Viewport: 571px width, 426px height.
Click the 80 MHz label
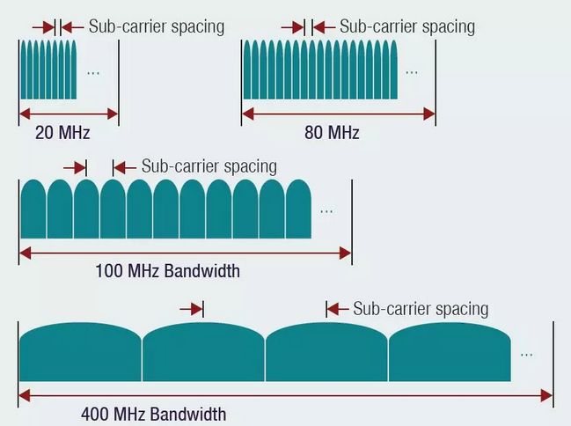[x=331, y=133]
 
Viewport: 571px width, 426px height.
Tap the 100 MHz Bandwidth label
[x=167, y=271]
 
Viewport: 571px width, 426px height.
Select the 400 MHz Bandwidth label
[x=153, y=414]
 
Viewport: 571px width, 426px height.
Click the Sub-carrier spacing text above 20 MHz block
[x=156, y=26]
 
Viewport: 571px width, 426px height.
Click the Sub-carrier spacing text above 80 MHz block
[x=406, y=26]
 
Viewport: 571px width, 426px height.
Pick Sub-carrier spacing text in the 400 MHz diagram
[x=421, y=308]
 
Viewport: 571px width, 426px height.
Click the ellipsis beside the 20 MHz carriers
[x=93, y=71]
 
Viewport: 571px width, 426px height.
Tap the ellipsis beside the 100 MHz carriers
[x=327, y=209]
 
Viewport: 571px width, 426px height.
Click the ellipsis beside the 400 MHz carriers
[x=526, y=353]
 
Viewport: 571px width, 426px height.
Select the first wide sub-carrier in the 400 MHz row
[x=80, y=352]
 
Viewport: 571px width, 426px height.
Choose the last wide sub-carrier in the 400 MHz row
[x=449, y=352]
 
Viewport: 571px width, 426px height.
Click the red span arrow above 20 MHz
[x=68, y=114]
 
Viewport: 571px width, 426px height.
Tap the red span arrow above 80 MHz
[x=338, y=114]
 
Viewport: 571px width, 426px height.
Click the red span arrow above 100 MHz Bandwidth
[x=185, y=253]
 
